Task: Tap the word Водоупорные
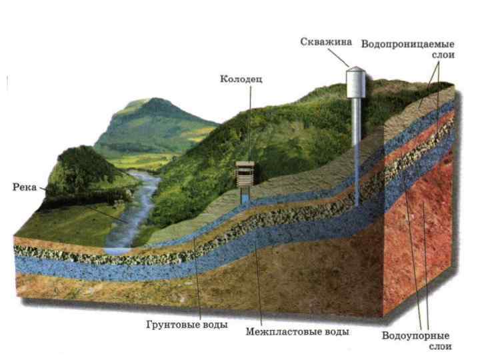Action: tap(415, 335)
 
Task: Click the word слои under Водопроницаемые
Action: tap(442, 55)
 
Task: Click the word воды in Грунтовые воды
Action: tap(214, 325)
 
